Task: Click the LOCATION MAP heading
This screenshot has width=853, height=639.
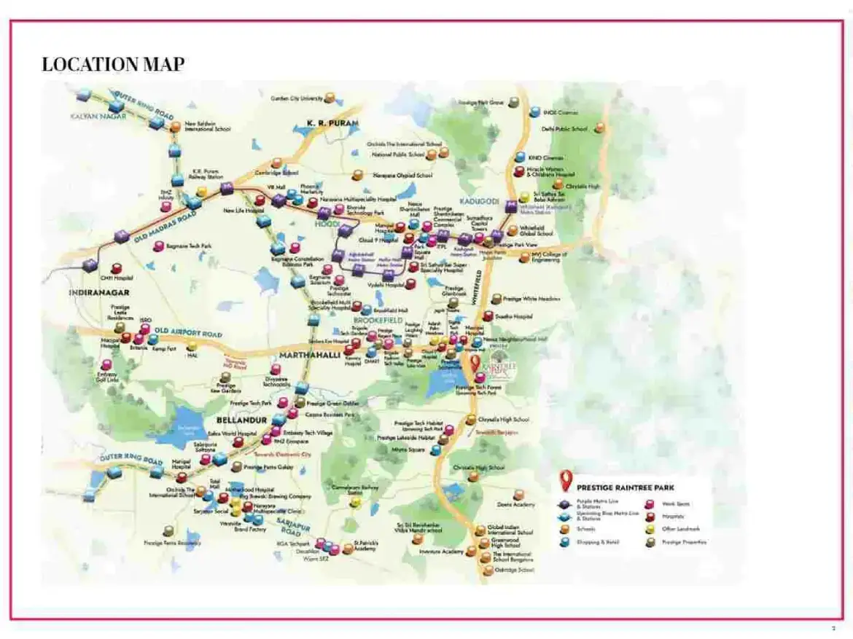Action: pyautogui.click(x=113, y=64)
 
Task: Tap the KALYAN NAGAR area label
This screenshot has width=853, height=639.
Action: pyautogui.click(x=98, y=116)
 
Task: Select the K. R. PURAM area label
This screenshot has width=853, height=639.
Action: pyautogui.click(x=332, y=124)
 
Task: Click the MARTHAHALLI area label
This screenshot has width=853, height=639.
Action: pyautogui.click(x=309, y=355)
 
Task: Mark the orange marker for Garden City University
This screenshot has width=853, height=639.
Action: pyautogui.click(x=330, y=98)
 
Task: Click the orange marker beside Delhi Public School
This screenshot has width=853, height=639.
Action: pyautogui.click(x=599, y=128)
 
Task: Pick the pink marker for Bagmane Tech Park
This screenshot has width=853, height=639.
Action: pyautogui.click(x=157, y=246)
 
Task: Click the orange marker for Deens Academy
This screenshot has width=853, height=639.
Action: pyautogui.click(x=518, y=495)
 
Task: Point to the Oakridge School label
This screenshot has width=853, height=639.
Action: pyautogui.click(x=513, y=570)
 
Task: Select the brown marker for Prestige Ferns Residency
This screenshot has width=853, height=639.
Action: pyautogui.click(x=169, y=530)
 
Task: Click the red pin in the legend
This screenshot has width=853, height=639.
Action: pyautogui.click(x=564, y=481)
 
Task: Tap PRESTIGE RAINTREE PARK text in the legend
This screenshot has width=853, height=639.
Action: pyautogui.click(x=625, y=487)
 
